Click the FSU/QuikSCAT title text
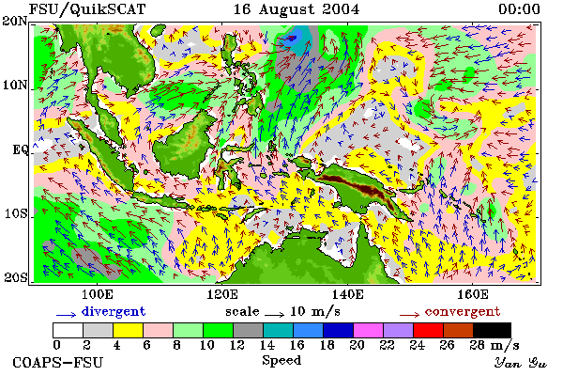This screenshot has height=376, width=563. point(87,9)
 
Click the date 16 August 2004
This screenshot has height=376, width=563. point(297,9)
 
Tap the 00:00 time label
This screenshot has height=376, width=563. point(519,9)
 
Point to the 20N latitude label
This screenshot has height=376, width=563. point(15,21)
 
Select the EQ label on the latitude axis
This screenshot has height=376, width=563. point(20,149)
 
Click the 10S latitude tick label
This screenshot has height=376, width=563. point(16,213)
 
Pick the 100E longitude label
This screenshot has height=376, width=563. point(98,294)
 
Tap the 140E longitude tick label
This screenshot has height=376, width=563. point(347,294)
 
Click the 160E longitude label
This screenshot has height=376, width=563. point(473,294)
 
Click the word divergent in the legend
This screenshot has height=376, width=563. point(114,311)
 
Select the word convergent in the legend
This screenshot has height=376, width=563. point(463,311)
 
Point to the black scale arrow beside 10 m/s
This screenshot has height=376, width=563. point(275,315)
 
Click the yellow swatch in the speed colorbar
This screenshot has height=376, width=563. point(129,330)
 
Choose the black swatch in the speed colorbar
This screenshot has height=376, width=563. point(492,330)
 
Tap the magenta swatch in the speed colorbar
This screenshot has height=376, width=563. point(368,330)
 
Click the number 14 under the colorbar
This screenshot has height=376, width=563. point(266,345)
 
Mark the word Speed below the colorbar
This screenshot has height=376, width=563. point(281,361)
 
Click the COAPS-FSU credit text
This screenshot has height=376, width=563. point(58,362)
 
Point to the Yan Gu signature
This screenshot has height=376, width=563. point(521,363)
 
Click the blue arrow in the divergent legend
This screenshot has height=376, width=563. point(66,315)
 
